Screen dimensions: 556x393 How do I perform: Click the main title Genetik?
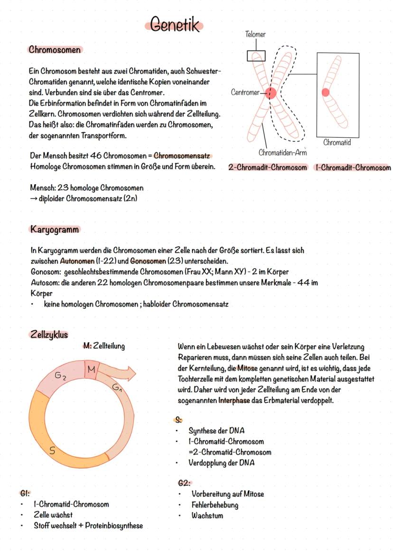174,24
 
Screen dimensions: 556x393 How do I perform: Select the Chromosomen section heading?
54,49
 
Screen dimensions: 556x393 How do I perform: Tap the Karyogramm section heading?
55,229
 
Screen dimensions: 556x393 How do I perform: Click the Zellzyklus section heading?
48,334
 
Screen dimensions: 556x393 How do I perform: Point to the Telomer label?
255,34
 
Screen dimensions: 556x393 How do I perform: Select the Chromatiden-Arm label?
282,152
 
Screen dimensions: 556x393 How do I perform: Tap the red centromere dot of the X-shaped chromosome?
271,93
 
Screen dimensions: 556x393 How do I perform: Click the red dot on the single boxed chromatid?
326,92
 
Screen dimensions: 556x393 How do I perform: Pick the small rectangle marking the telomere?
256,56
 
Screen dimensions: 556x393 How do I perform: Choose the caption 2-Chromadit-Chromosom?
267,168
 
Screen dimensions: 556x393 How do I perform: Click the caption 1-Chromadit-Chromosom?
352,168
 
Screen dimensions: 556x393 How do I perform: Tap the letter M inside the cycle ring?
91,369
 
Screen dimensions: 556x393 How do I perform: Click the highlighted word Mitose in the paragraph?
247,368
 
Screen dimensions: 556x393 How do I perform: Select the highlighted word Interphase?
233,400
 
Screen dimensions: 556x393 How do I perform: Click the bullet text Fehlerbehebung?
215,505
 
